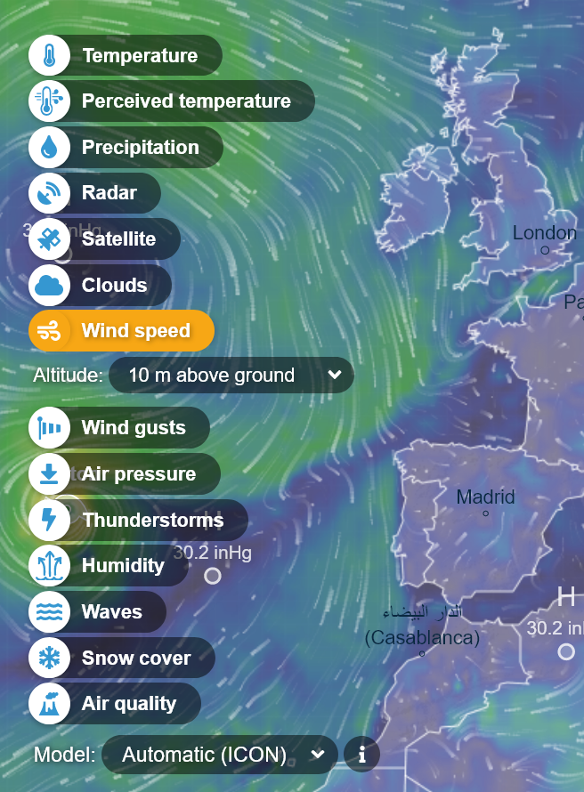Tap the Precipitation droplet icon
[x=50, y=148]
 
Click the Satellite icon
[x=50, y=239]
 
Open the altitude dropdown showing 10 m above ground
[x=231, y=376]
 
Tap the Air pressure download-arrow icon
[x=50, y=474]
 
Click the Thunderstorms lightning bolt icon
[x=50, y=520]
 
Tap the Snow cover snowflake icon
[x=50, y=659]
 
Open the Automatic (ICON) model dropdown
[x=220, y=755]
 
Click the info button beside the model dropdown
[x=361, y=755]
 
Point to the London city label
[x=544, y=233]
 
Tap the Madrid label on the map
[x=485, y=497]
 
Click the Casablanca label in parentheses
[x=422, y=637]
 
